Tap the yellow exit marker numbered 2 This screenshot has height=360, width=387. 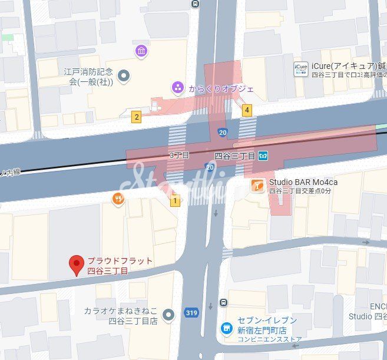point(137,117)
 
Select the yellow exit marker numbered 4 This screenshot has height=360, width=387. point(247,110)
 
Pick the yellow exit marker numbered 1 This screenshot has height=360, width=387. point(174,202)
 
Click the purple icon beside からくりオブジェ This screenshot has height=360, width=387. point(177,88)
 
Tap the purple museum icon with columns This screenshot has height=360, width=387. point(141,51)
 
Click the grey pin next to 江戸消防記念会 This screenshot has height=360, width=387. point(124,75)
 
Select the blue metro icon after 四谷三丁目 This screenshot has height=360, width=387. point(263,156)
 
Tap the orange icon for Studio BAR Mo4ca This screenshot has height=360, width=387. point(257,186)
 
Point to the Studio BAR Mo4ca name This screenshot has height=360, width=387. point(303,182)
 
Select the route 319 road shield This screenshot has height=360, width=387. point(190,313)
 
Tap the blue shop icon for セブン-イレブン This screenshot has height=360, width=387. point(226,327)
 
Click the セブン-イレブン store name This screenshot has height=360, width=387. point(267,320)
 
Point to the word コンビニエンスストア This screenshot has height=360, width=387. point(270,339)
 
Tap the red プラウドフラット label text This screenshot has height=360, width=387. point(120,261)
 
